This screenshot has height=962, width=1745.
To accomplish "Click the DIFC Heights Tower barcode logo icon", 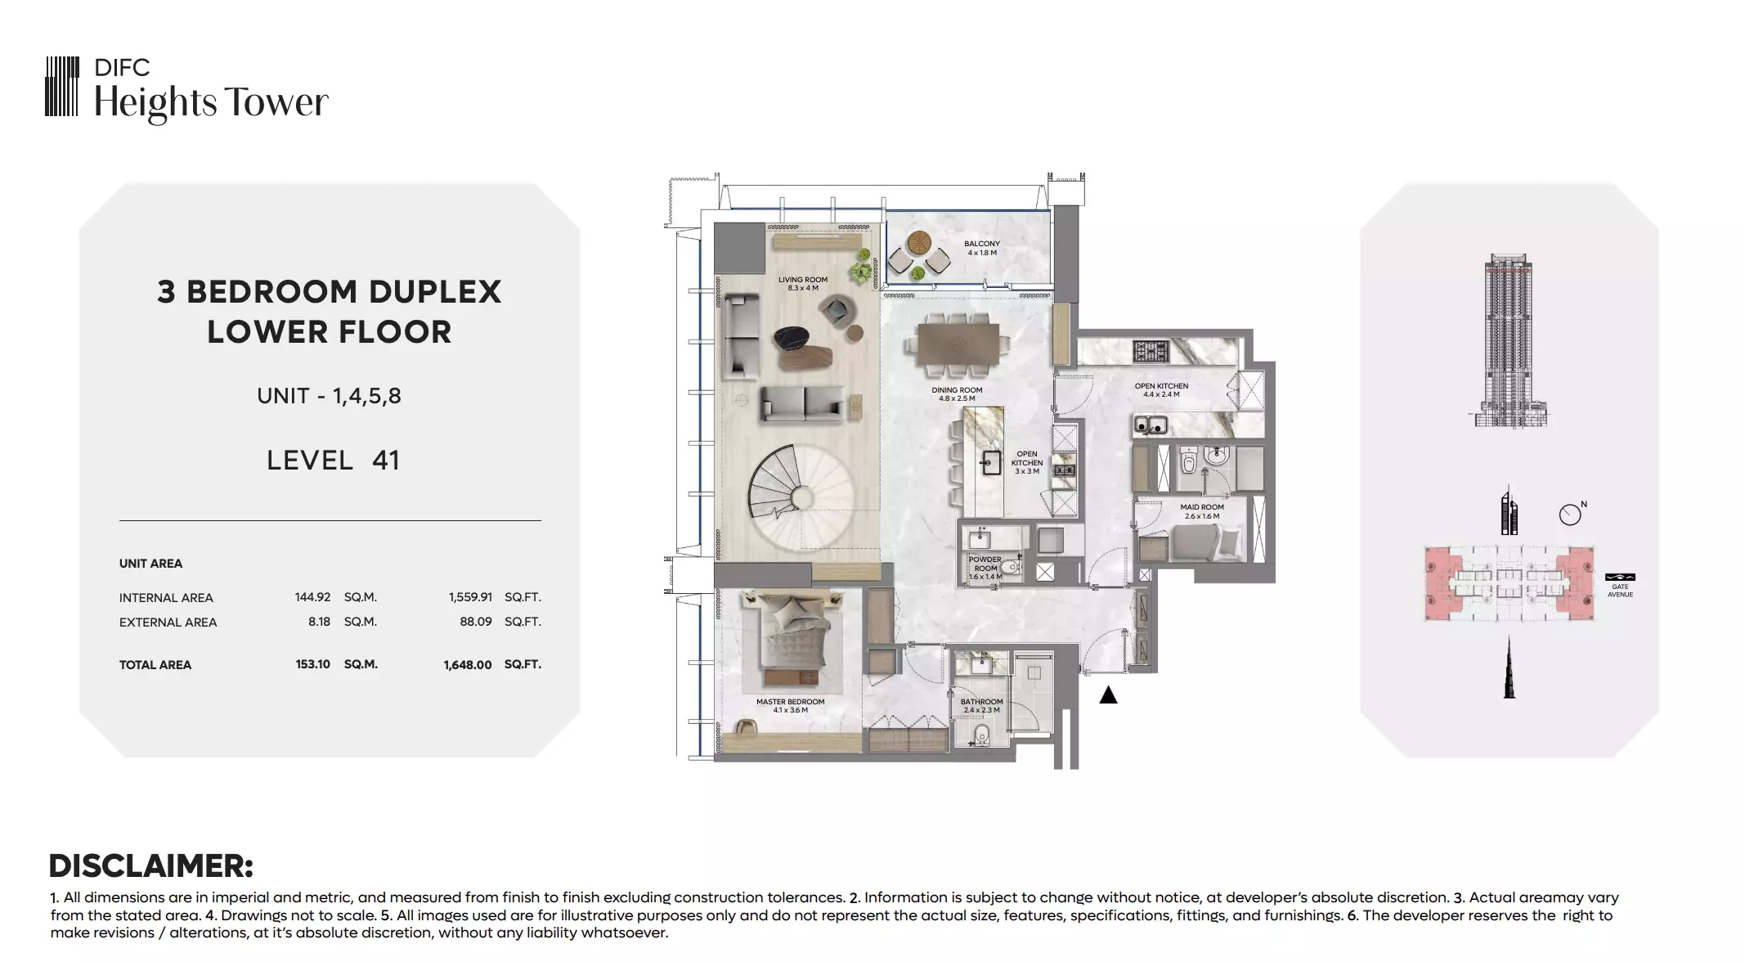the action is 62,86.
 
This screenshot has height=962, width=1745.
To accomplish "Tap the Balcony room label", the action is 981,248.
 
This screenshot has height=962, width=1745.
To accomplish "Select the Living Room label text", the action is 802,284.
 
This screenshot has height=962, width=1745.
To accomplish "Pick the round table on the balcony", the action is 919,244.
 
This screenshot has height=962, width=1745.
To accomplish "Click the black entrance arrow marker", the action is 1108,695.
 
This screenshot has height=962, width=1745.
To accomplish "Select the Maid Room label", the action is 1201,511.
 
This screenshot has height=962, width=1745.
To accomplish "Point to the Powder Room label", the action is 985,568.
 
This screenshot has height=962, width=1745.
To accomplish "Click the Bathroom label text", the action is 981,706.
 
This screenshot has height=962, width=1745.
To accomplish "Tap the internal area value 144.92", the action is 312,597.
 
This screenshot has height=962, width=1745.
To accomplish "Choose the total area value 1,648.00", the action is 468,665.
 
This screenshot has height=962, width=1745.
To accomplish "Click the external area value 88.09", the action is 476,622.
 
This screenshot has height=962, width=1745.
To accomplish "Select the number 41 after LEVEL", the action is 386,461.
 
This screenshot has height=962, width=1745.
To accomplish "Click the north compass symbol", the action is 1570,514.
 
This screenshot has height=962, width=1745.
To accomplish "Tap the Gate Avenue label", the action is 1620,591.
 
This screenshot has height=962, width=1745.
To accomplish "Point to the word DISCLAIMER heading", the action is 151,866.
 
